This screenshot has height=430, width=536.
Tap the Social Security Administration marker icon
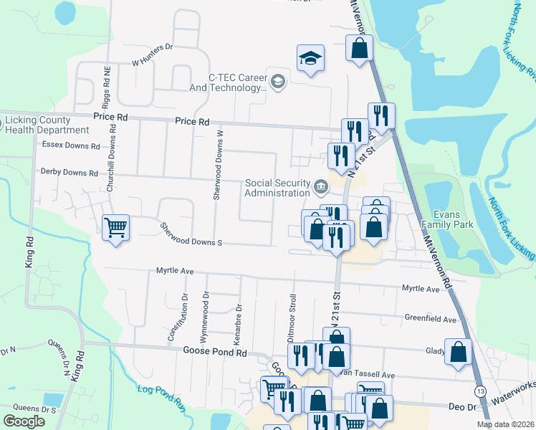[320, 188]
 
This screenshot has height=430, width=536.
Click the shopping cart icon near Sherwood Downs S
[115, 228]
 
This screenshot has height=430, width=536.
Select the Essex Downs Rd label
[71, 145]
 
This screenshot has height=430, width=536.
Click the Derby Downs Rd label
[69, 173]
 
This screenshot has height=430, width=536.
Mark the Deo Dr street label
[462, 406]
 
